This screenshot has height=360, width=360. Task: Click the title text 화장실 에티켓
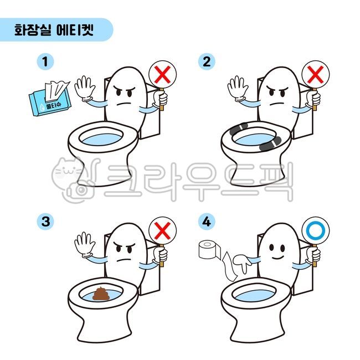click(x=54, y=30)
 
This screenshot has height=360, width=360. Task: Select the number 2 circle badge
click(x=207, y=61)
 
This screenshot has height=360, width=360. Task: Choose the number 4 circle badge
click(x=207, y=222)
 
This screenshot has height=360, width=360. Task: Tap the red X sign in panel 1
click(x=162, y=73)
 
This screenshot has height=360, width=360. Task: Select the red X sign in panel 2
click(x=315, y=73)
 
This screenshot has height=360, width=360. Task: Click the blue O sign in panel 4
click(x=315, y=229)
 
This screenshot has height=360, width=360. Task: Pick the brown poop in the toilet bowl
click(x=102, y=294)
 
